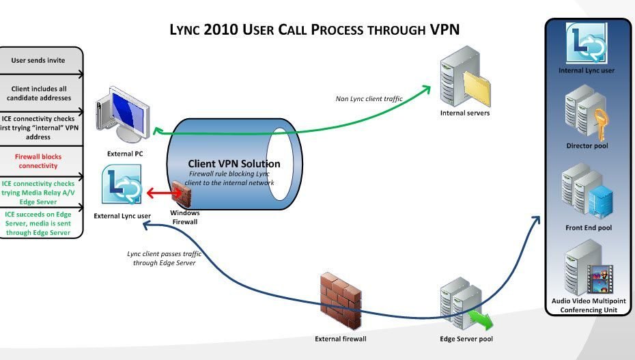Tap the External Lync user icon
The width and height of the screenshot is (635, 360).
coord(122,186)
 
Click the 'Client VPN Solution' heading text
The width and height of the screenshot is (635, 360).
coord(234,164)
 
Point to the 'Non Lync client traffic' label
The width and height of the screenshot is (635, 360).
coord(369,99)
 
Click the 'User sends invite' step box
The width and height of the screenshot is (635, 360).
coord(38,60)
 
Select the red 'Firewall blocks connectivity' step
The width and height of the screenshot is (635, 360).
coord(38,161)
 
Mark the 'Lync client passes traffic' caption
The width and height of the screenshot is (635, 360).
coord(165,258)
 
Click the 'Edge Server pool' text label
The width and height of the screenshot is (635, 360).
coord(466,339)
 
